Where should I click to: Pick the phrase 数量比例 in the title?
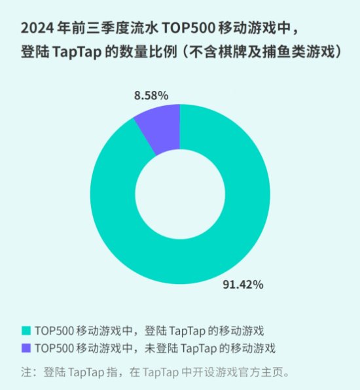pos(147,53)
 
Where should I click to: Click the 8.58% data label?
pos(151,96)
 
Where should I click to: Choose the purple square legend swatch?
pos(26,347)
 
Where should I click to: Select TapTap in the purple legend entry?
pos(198,347)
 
